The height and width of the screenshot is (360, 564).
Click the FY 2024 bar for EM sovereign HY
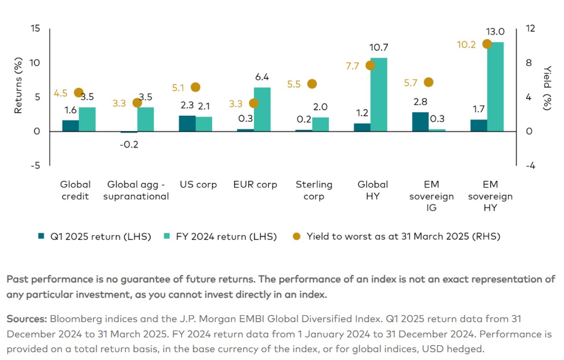click(x=495, y=87)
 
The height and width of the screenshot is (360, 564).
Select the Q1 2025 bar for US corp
click(x=187, y=123)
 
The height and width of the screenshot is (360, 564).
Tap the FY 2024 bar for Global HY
click(x=378, y=94)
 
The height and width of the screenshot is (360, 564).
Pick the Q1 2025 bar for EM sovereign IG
click(x=420, y=122)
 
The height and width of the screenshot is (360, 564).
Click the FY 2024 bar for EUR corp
click(x=262, y=109)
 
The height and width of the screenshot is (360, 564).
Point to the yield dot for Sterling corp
click(x=312, y=84)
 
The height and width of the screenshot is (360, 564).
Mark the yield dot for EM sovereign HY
click(x=486, y=44)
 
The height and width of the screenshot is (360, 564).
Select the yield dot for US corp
click(x=195, y=87)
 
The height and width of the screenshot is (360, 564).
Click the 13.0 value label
click(x=495, y=32)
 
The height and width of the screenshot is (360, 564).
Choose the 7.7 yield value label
click(x=352, y=66)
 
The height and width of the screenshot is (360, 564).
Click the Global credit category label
click(x=75, y=190)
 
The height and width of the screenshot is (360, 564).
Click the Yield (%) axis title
click(x=547, y=89)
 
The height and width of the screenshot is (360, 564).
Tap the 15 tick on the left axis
click(x=35, y=29)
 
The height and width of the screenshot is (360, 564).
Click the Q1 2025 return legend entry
click(x=94, y=236)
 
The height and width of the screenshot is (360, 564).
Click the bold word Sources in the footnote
click(x=26, y=318)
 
